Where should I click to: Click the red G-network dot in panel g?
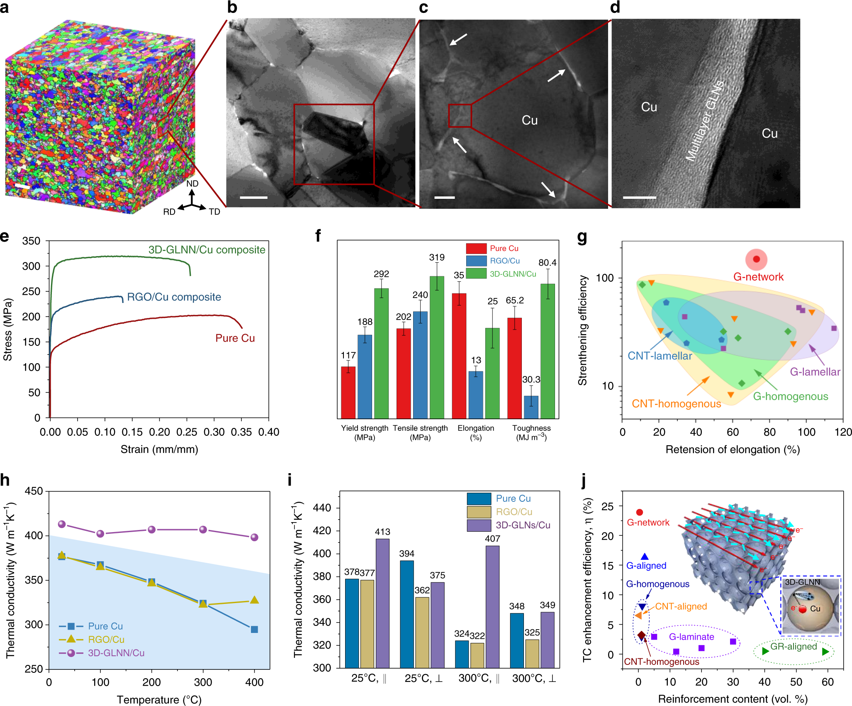(x=756, y=259)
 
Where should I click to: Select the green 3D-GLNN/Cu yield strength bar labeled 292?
(x=381, y=353)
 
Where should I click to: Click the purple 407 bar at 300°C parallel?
(x=492, y=606)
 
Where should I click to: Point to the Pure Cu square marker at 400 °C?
(x=254, y=629)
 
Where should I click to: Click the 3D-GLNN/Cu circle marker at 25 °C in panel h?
(x=62, y=524)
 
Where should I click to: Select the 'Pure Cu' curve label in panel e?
(x=235, y=338)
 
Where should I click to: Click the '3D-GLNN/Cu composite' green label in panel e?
(x=207, y=250)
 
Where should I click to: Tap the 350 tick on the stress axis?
(x=32, y=241)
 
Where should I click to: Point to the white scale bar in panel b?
(x=253, y=198)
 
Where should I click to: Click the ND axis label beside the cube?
(x=192, y=183)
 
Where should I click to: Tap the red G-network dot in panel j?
(x=639, y=513)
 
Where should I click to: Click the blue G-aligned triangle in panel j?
(x=645, y=557)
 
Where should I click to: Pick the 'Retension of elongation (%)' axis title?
(x=733, y=449)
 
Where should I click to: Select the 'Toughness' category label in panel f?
(x=531, y=428)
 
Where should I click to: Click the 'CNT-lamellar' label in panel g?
(x=660, y=356)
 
